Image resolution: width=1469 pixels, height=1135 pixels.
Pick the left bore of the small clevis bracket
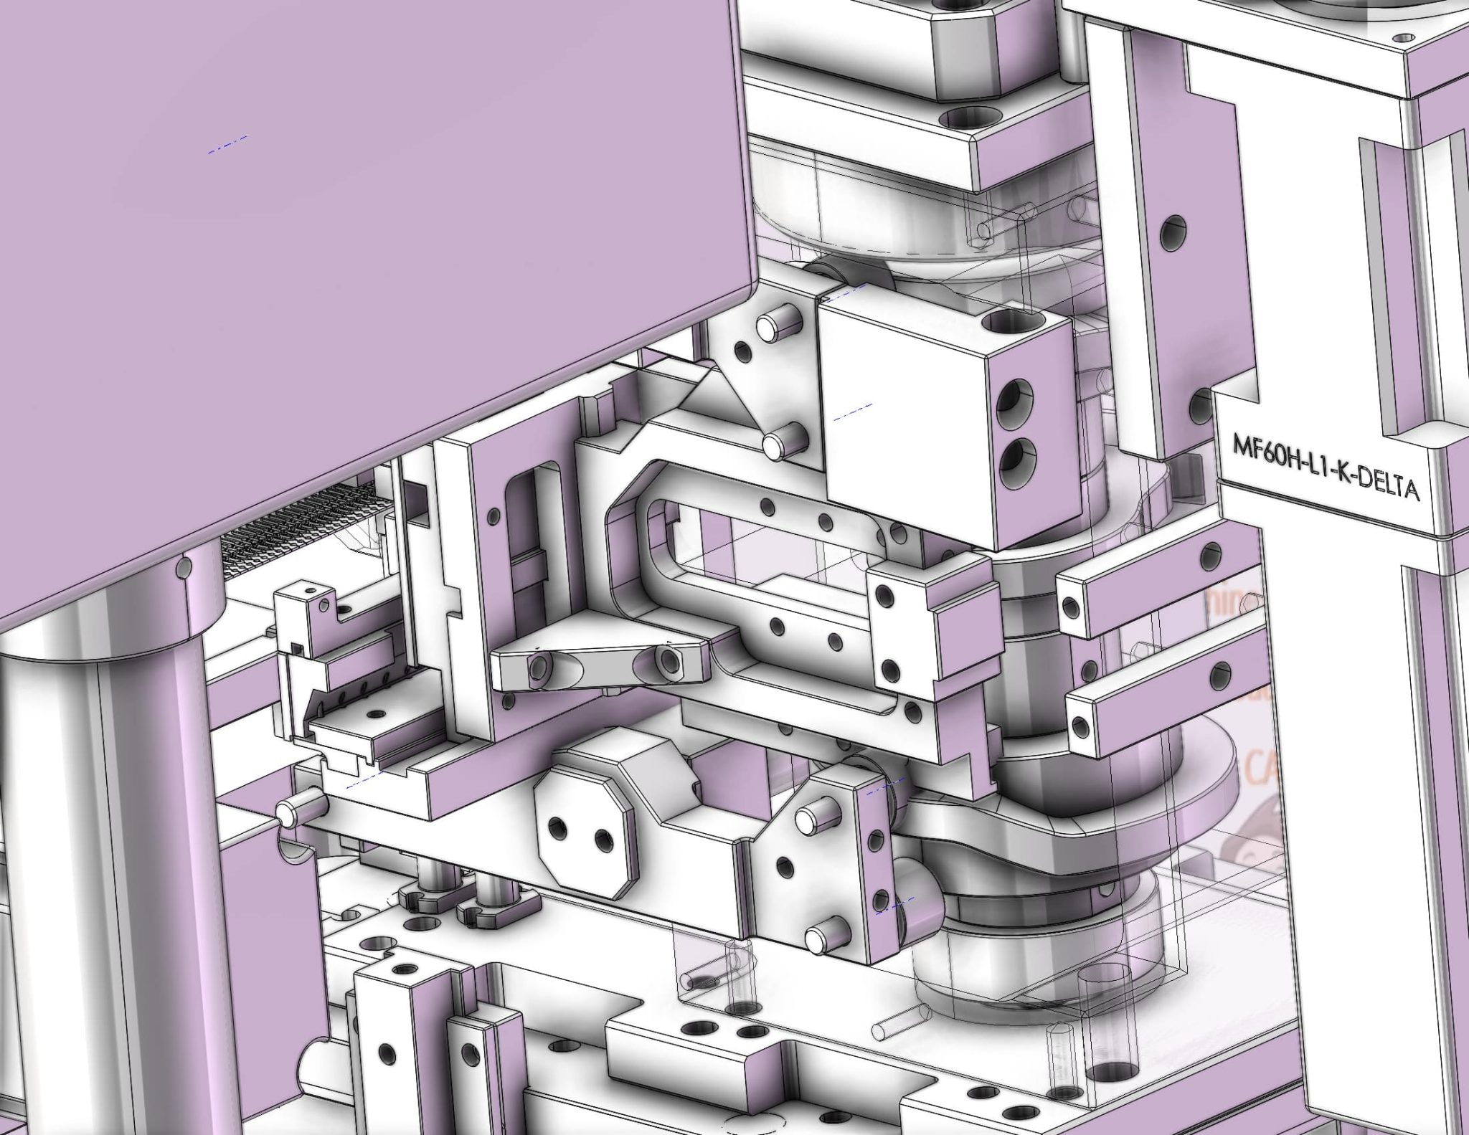[536, 668]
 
